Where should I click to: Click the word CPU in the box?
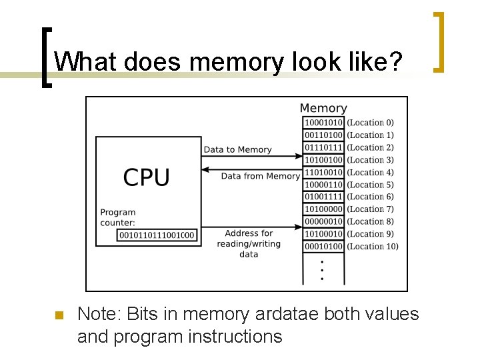tap(147, 178)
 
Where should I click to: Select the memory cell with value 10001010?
tap(323, 123)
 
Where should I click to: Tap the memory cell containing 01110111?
tap(323, 147)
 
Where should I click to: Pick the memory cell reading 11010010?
tap(323, 172)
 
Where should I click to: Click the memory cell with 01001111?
tap(323, 197)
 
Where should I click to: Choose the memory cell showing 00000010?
tap(323, 221)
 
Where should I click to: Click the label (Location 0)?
tap(370, 123)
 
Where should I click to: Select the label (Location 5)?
tap(370, 185)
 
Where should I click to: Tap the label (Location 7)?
tap(370, 209)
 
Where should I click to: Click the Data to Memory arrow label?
tap(237, 149)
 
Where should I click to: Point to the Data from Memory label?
tap(260, 176)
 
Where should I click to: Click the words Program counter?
tap(118, 217)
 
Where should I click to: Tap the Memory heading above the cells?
tap(323, 108)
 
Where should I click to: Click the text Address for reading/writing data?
tap(249, 243)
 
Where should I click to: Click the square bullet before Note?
tap(57, 315)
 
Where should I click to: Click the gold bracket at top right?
tap(439, 41)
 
